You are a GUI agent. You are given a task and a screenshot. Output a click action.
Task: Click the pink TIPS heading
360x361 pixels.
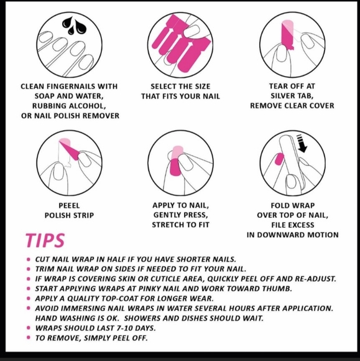click(45, 241)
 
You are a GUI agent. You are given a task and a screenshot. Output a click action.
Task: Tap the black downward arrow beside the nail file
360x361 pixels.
click(302, 144)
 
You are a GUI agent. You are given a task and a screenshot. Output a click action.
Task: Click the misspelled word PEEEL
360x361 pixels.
click(69, 205)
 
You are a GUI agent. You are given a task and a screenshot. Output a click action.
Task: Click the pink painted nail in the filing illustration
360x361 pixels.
click(279, 159)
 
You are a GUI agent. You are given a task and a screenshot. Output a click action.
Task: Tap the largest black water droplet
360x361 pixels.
click(69, 23)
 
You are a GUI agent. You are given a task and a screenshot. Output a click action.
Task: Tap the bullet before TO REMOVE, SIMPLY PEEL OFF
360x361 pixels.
click(29, 338)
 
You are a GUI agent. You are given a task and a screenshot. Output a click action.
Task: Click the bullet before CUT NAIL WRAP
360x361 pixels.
click(29, 260)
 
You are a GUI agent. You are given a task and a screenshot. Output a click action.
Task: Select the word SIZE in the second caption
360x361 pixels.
click(203, 87)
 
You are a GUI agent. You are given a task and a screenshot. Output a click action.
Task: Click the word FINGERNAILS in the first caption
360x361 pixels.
click(71, 87)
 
